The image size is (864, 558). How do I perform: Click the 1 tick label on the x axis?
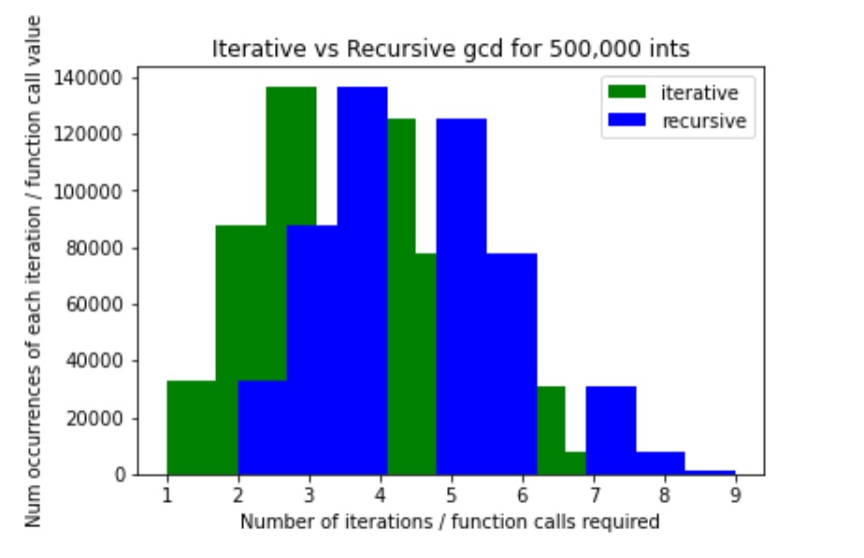click(167, 495)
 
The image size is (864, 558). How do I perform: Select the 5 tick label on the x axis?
click(452, 495)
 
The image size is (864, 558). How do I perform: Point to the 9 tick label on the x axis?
click(736, 495)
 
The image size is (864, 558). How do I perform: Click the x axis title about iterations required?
click(450, 522)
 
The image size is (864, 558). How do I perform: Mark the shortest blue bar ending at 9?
click(710, 472)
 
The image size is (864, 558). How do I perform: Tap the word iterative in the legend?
click(699, 93)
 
